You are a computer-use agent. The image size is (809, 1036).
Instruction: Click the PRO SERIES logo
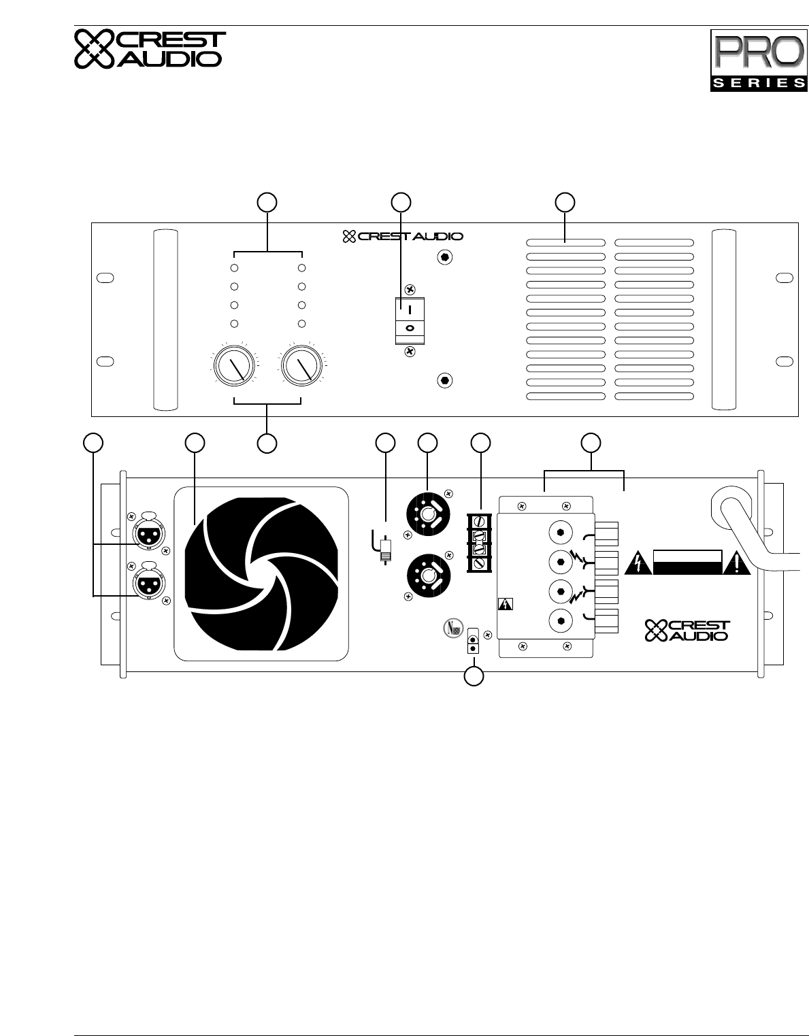tap(757, 60)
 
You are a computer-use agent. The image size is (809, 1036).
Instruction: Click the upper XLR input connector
tap(146, 533)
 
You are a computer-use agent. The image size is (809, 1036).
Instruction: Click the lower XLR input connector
tap(146, 583)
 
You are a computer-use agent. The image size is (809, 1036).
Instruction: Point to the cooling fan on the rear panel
tap(261, 573)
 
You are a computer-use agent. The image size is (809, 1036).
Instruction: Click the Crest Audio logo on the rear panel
tap(687, 631)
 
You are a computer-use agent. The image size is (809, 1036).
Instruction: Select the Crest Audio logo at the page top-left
tap(148, 49)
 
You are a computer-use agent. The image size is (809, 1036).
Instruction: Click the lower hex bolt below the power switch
tap(444, 380)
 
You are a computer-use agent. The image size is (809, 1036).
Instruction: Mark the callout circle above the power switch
tap(401, 202)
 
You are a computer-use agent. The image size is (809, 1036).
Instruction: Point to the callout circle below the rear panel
tap(474, 677)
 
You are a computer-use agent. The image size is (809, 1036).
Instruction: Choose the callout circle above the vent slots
tap(565, 202)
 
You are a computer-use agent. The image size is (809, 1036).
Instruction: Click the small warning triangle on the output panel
tap(506, 604)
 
